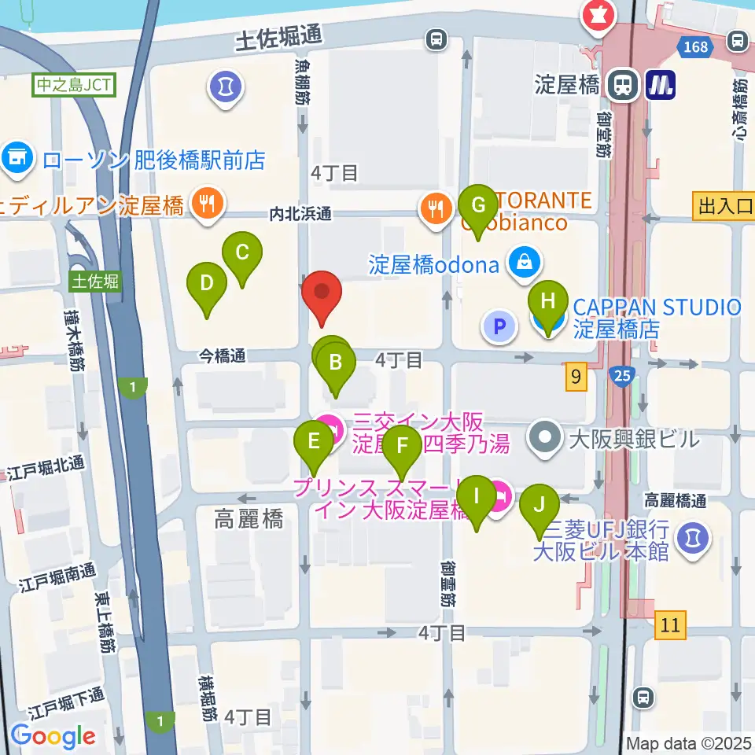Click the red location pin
pos(322,295)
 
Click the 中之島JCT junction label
pos(74,83)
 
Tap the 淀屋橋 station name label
pos(566,83)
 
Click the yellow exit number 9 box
pos(576,377)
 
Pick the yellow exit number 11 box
pos(669,626)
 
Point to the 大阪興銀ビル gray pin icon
pos(545,436)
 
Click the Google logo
pos(53,735)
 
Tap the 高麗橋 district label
pos(249,519)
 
